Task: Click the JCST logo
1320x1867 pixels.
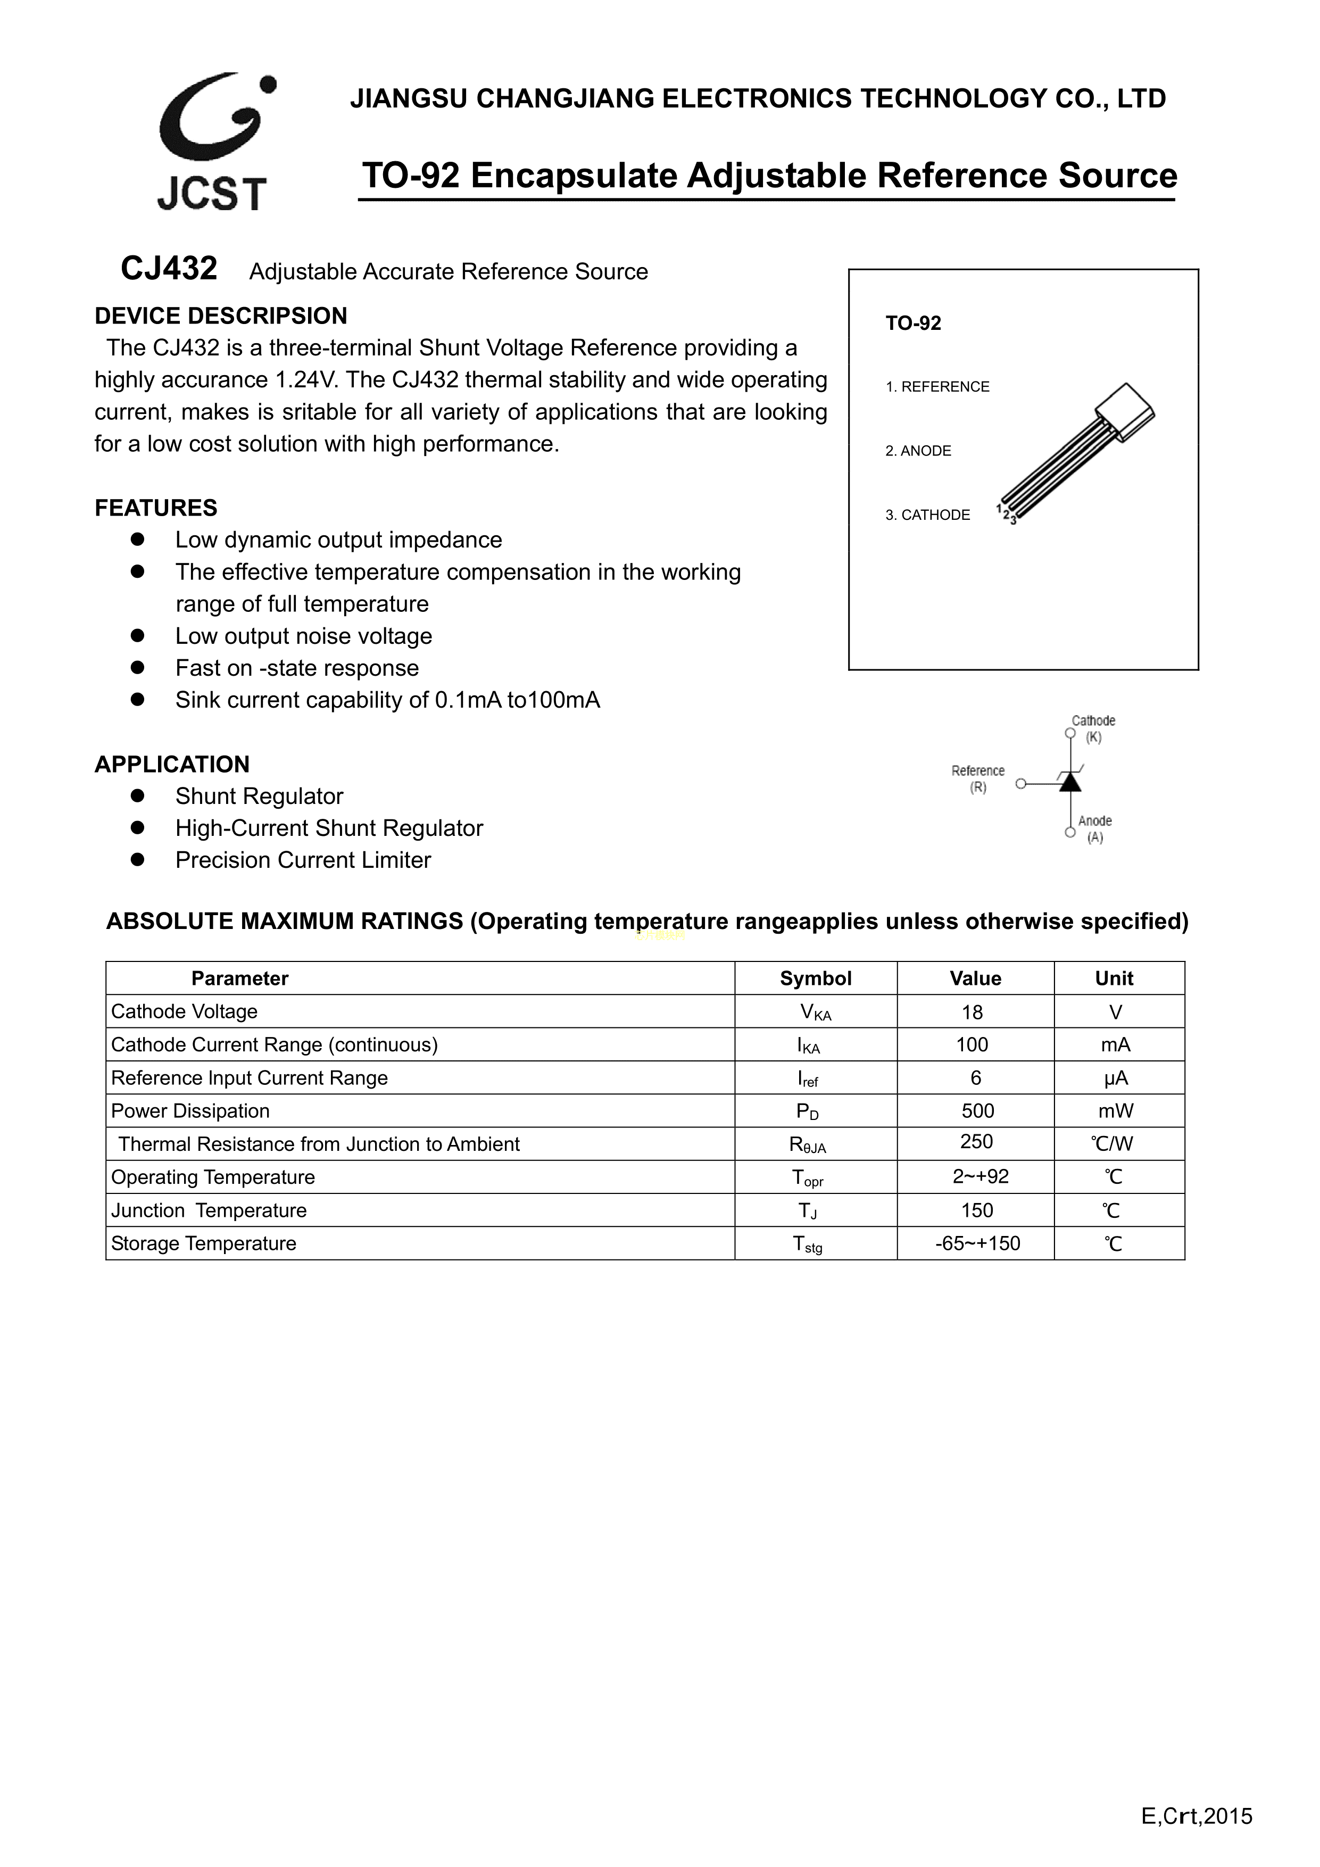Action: pyautogui.click(x=213, y=142)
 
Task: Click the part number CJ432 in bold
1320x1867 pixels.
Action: pyautogui.click(x=169, y=268)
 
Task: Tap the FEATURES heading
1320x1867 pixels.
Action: pyautogui.click(x=156, y=508)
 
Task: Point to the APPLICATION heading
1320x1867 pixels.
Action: pyautogui.click(x=172, y=765)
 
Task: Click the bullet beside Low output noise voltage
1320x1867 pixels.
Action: pyautogui.click(x=137, y=635)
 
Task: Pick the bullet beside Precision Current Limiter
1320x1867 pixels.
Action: pyautogui.click(x=137, y=859)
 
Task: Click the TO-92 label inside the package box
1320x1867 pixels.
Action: pyautogui.click(x=914, y=323)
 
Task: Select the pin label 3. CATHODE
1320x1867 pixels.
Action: pyautogui.click(x=927, y=515)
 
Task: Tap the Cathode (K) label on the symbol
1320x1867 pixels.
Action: pyautogui.click(x=1093, y=728)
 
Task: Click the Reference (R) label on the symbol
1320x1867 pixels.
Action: pyautogui.click(x=977, y=778)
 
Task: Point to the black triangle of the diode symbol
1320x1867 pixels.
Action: pyautogui.click(x=1070, y=782)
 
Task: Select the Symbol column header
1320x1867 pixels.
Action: pyautogui.click(x=816, y=978)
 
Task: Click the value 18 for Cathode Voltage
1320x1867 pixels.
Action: pyautogui.click(x=973, y=1013)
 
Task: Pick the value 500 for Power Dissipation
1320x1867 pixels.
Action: pyautogui.click(x=977, y=1111)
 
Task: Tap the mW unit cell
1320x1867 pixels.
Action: pyautogui.click(x=1116, y=1111)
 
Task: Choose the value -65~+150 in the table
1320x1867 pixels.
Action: pyautogui.click(x=977, y=1243)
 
